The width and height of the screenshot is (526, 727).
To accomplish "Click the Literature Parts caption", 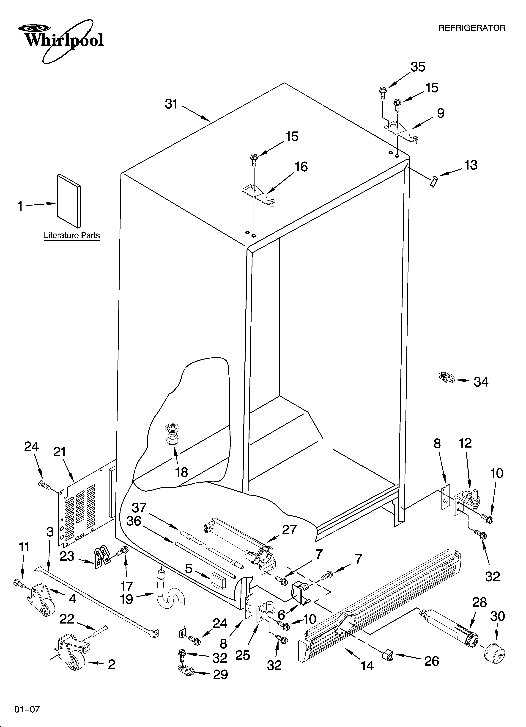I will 72,236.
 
